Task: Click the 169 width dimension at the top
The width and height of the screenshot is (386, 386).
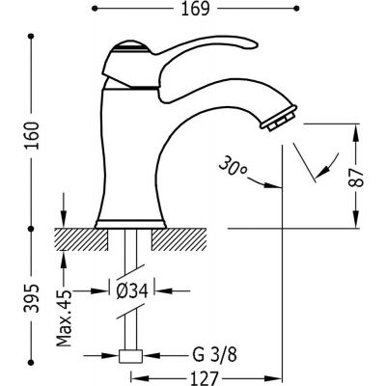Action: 191,13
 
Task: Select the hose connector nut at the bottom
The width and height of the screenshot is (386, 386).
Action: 128,355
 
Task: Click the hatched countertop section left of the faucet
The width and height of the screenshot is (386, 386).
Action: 77,235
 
